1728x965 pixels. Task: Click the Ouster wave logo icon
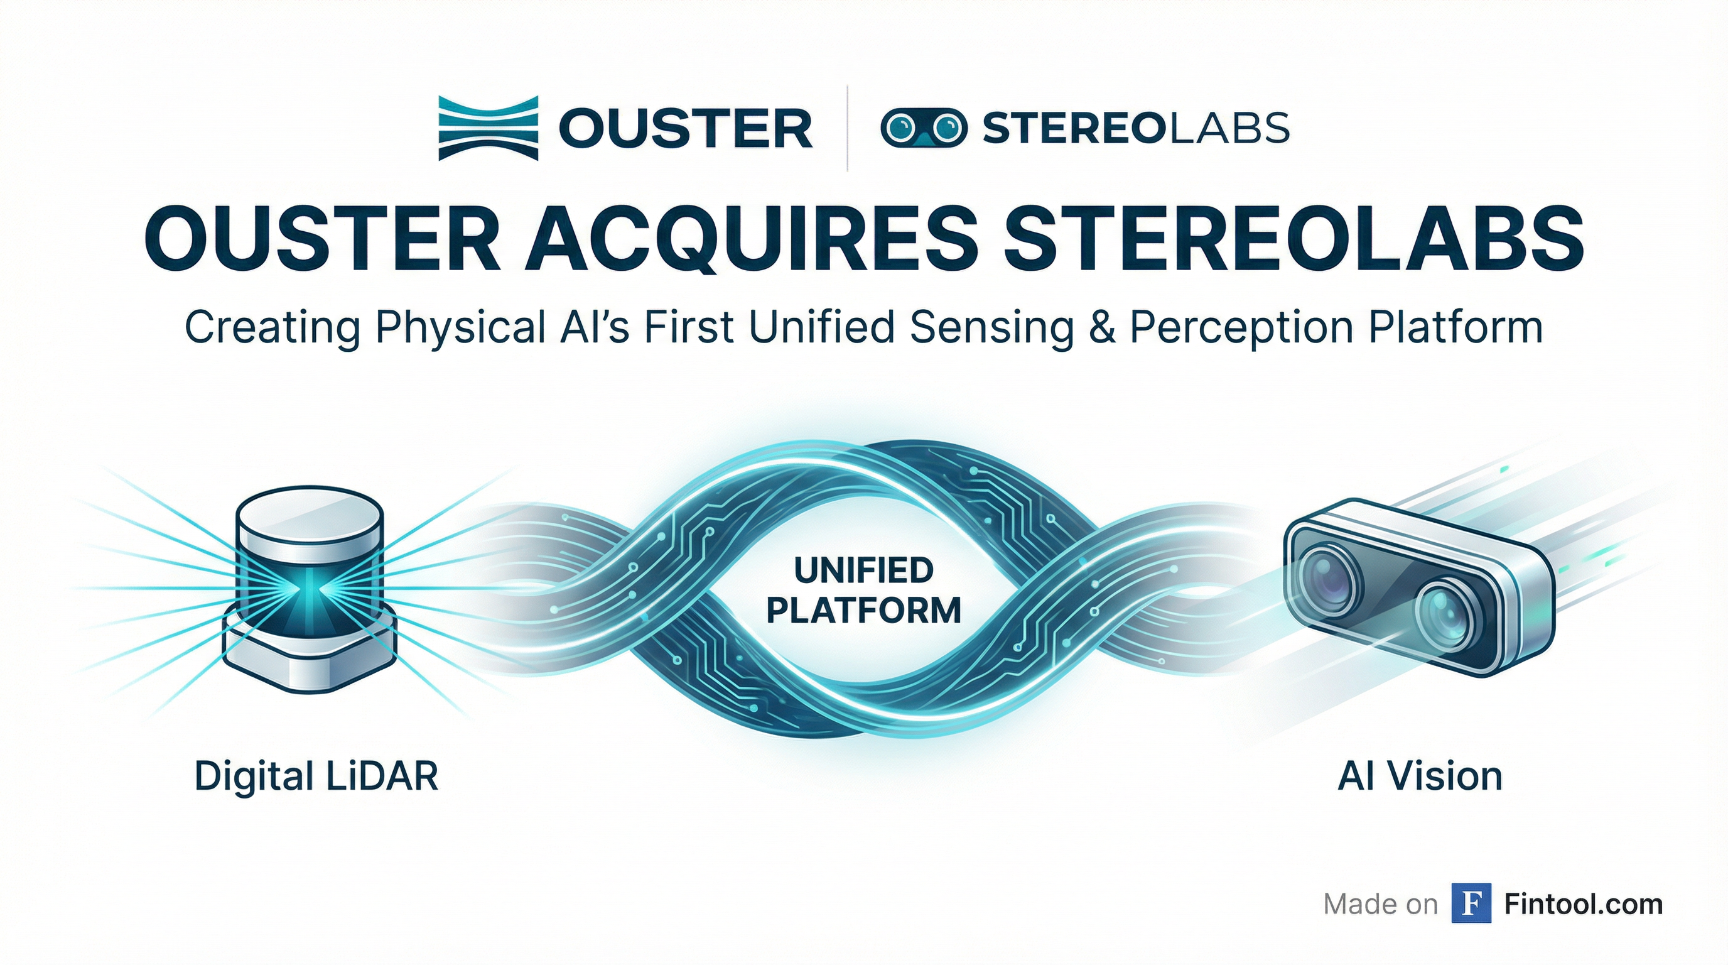[488, 128]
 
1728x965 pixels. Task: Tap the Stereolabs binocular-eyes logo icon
[923, 128]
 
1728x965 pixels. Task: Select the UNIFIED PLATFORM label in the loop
[863, 591]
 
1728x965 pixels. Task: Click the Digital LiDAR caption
[316, 777]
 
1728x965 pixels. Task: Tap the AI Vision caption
[1420, 777]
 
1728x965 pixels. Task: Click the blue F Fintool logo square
[1471, 903]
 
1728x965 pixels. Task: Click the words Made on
[1381, 904]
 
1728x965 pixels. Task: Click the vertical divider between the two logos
[848, 128]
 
